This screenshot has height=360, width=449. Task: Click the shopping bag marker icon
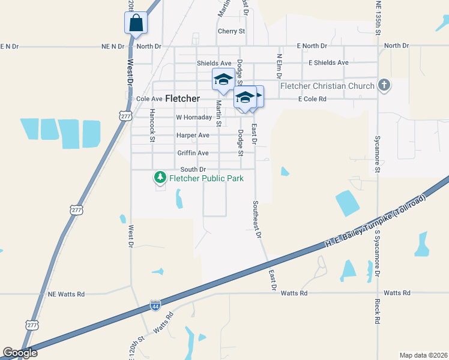pyautogui.click(x=136, y=23)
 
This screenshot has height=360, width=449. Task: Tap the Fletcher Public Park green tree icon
pyautogui.click(x=160, y=178)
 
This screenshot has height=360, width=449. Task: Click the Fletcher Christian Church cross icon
pyautogui.click(x=384, y=86)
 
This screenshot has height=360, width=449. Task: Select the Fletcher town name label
pyautogui.click(x=182, y=98)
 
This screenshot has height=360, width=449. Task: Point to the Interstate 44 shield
pyautogui.click(x=155, y=305)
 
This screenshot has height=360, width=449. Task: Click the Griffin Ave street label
pyautogui.click(x=193, y=153)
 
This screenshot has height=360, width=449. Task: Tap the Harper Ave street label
pyautogui.click(x=193, y=136)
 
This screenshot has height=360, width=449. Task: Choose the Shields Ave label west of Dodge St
pyautogui.click(x=214, y=63)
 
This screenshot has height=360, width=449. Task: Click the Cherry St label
pyautogui.click(x=232, y=31)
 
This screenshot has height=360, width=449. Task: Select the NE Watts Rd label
pyautogui.click(x=66, y=294)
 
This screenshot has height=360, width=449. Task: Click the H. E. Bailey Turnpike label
pyautogui.click(x=375, y=220)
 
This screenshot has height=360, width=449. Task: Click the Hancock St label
pyautogui.click(x=152, y=125)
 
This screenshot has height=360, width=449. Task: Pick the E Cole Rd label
pyautogui.click(x=312, y=99)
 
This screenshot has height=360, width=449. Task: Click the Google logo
pyautogui.click(x=20, y=353)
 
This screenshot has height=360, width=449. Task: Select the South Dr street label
pyautogui.click(x=193, y=170)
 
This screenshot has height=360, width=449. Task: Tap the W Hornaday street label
pyautogui.click(x=194, y=118)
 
